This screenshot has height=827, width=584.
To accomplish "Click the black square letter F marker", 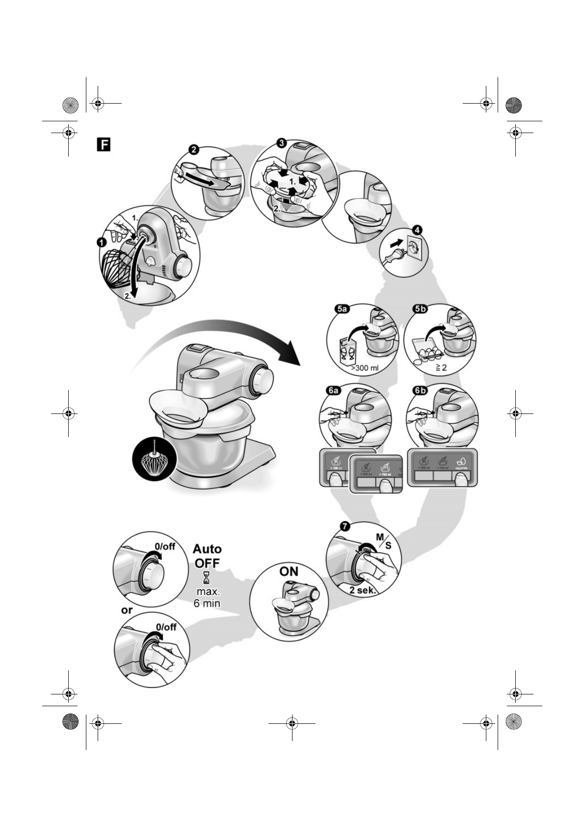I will (104, 144).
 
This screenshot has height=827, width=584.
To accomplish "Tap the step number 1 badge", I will (102, 242).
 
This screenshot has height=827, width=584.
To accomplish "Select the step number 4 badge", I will (417, 229).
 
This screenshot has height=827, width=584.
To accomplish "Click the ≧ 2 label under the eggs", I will (440, 367).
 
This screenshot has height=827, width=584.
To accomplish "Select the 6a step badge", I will (333, 390).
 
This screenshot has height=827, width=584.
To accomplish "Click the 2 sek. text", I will (363, 590).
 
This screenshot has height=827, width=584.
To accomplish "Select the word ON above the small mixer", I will (289, 572).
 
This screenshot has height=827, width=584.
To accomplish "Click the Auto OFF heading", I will (207, 555).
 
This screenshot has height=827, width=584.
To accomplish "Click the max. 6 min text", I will (207, 597).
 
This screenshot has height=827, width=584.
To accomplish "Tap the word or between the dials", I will (127, 610).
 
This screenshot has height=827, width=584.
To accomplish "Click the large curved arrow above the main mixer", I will (221, 339).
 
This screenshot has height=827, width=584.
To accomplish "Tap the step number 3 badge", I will (281, 143).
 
